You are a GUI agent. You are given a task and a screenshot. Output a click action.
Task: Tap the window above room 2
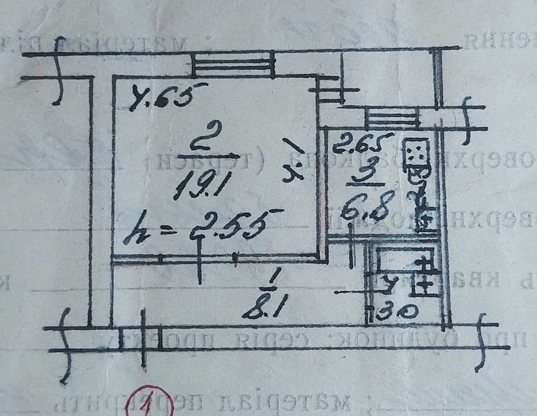(233, 64)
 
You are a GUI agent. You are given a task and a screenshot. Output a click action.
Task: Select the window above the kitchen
(389, 116)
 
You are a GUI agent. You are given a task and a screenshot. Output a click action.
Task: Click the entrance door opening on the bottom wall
(141, 338)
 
